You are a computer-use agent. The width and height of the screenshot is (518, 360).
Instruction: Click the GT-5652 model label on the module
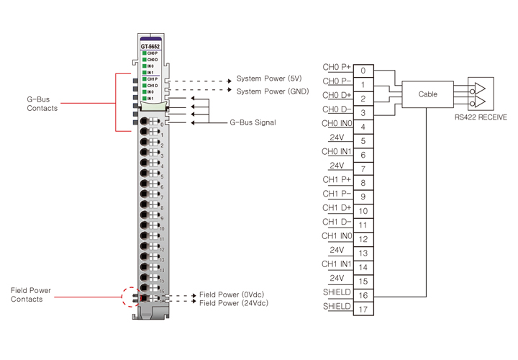tap(150, 46)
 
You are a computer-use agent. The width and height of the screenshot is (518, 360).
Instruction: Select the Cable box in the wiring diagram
tap(427, 94)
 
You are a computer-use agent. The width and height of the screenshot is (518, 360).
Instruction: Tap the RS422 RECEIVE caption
tap(481, 116)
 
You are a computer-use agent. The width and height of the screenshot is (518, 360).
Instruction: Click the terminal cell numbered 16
tap(363, 294)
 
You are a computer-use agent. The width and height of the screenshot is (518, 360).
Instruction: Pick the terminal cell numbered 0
tap(363, 71)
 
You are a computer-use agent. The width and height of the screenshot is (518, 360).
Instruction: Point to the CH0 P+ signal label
tap(337, 67)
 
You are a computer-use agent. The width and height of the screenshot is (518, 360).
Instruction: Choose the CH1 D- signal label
tap(337, 222)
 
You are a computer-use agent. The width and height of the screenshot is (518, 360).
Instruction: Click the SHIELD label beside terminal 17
tap(337, 306)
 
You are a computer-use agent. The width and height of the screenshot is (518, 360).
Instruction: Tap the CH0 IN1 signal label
tap(337, 151)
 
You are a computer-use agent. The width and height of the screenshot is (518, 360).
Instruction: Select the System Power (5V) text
tap(270, 79)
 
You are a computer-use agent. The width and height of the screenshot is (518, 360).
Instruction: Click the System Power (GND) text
tap(273, 91)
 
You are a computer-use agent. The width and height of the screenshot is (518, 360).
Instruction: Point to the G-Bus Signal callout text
tap(253, 123)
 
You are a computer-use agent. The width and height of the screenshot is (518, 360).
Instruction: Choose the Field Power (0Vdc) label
tap(230, 295)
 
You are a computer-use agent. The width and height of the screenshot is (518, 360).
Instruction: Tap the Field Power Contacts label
tap(31, 294)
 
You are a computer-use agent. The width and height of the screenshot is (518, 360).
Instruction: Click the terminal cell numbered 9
tap(363, 197)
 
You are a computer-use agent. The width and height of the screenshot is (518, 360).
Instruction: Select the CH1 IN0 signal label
tap(337, 235)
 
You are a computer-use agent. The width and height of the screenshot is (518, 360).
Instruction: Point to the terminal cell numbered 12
tap(363, 238)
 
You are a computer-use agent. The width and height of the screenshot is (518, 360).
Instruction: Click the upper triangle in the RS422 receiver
tap(476, 89)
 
